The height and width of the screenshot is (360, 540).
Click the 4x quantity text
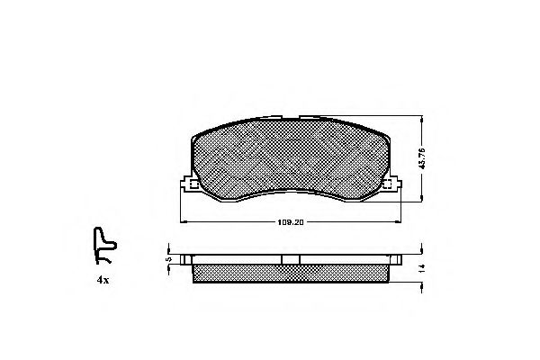pos(103,281)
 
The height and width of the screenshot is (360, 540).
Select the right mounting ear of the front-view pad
pos(392,185)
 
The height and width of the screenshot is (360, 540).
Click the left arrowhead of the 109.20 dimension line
pos(184,221)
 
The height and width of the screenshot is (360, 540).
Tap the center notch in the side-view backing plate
pos(290,260)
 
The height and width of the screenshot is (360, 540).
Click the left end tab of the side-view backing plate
pos(186,260)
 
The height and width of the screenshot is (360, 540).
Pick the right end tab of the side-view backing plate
pos(393,260)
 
